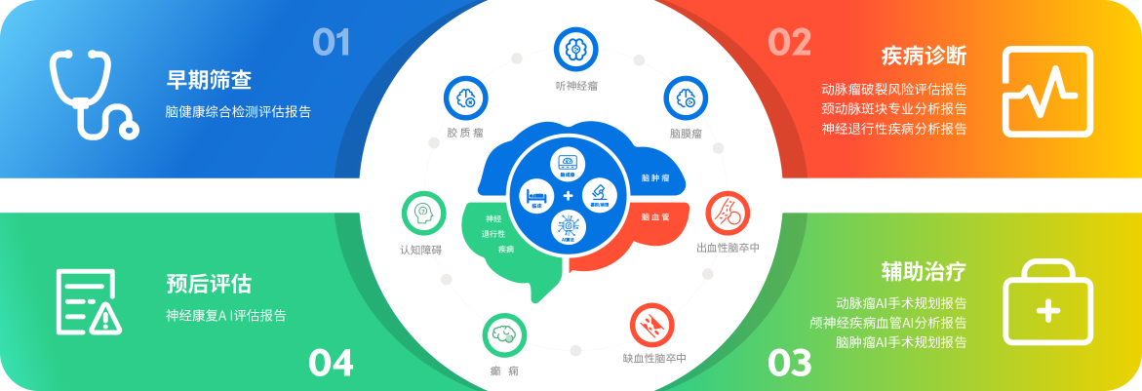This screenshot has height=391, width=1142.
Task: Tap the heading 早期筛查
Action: coord(209,80)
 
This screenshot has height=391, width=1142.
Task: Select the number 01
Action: coord(331,42)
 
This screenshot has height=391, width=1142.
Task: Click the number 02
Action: coord(789,42)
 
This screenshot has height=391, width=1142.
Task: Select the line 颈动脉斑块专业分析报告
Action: coord(894,108)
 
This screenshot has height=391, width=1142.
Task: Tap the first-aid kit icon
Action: coord(1047,301)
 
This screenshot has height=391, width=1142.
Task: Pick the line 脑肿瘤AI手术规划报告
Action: coord(901,342)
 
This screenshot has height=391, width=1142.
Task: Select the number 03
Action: coord(789,363)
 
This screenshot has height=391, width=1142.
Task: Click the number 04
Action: coord(331,363)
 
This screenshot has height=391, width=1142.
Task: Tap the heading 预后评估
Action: coord(209,285)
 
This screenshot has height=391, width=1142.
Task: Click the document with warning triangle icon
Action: coord(88,302)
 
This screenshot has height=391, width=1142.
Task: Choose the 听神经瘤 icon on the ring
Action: coord(575,48)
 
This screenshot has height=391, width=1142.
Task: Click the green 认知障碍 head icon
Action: coord(423,212)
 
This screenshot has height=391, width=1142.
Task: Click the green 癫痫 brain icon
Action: coord(504,334)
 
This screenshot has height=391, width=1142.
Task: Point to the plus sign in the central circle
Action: coord(569,196)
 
